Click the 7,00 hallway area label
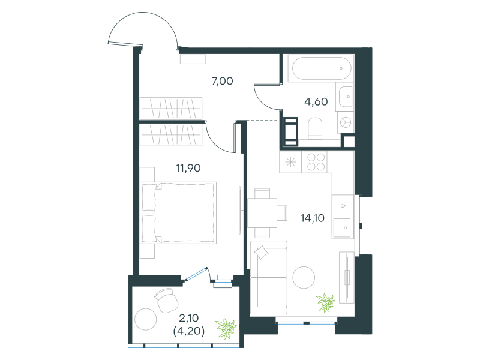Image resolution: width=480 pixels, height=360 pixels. pyautogui.click(x=222, y=81)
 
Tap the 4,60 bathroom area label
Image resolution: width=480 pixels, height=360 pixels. pyautogui.click(x=316, y=101)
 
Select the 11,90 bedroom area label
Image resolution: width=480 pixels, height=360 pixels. pyautogui.click(x=188, y=168)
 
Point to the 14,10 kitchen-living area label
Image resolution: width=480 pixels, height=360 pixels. pyautogui.click(x=312, y=218)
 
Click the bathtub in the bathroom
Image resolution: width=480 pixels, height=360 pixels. pyautogui.click(x=322, y=68)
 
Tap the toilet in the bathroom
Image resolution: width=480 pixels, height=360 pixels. pyautogui.click(x=315, y=128)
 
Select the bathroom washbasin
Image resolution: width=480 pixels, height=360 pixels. pyautogui.click(x=345, y=97)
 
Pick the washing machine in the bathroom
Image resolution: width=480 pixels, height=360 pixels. pyautogui.click(x=346, y=122)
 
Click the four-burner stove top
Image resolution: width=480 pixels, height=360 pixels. pyautogui.click(x=316, y=162)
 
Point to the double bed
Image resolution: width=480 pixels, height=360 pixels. pyautogui.click(x=178, y=213)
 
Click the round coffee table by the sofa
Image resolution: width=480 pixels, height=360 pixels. pyautogui.click(x=304, y=277)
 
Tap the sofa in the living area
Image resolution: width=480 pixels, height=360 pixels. pyautogui.click(x=269, y=278)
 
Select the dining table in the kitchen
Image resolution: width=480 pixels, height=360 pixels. pyautogui.click(x=262, y=213)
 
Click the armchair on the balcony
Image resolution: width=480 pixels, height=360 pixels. pyautogui.click(x=166, y=301)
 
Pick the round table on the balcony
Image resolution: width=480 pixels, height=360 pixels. pyautogui.click(x=146, y=319)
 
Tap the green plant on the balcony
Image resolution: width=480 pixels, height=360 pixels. pyautogui.click(x=226, y=328)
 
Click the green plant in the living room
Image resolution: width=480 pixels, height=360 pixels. pyautogui.click(x=326, y=302)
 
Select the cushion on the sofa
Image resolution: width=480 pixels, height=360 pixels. pyautogui.click(x=261, y=252)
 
